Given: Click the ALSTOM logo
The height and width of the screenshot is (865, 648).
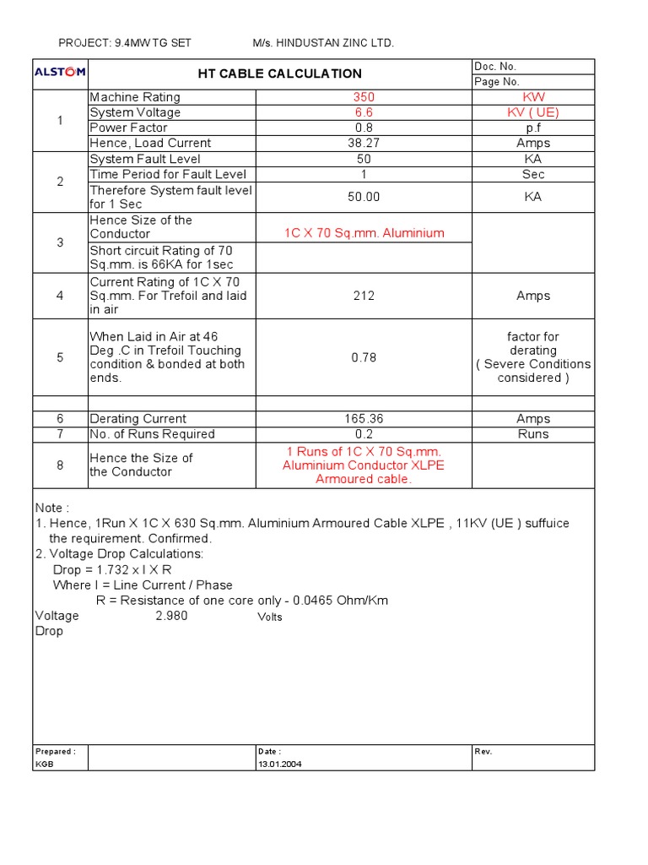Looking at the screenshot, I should (x=59, y=73).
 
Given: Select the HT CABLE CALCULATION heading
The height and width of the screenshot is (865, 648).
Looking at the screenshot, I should (x=279, y=73).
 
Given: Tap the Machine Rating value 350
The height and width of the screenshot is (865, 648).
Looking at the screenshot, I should (x=364, y=97).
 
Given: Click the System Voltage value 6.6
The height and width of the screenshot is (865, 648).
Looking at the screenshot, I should (x=364, y=112).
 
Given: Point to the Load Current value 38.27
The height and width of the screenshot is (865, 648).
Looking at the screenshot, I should (x=364, y=143).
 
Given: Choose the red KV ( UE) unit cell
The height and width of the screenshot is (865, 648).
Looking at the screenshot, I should (x=533, y=112).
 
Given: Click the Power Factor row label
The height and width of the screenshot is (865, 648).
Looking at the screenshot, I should (x=128, y=128).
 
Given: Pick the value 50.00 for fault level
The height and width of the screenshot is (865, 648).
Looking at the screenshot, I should (x=364, y=197).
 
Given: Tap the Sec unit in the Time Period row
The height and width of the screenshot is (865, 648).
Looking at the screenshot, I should (x=533, y=174).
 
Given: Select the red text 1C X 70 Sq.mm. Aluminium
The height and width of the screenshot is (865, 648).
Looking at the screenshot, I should (x=364, y=233).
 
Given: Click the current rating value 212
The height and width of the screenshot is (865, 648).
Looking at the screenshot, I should (x=364, y=296).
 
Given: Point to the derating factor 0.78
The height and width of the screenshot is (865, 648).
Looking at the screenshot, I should (x=364, y=357).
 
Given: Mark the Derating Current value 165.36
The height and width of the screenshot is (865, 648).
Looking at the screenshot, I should (x=364, y=418).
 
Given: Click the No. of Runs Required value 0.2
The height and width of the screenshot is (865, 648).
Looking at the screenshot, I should (x=364, y=434).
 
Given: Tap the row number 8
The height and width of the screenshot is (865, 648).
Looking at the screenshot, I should (x=60, y=465).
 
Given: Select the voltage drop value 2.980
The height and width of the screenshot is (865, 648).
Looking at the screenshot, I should (x=171, y=616).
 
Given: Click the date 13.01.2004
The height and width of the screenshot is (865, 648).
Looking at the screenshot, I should (x=279, y=764).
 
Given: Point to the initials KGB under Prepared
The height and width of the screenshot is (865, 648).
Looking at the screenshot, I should (x=44, y=764).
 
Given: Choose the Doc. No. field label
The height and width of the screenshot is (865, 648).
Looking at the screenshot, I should (x=495, y=66).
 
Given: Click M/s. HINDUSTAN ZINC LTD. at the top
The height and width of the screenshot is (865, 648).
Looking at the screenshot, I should (x=323, y=42).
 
